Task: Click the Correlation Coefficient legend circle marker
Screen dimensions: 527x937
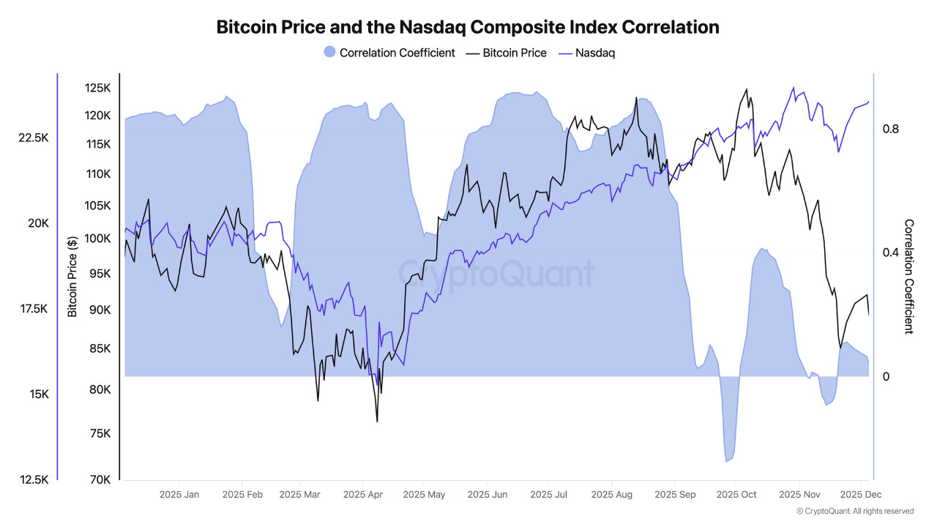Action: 329,53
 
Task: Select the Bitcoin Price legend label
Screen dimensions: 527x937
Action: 514,53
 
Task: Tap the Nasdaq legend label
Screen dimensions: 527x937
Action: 594,53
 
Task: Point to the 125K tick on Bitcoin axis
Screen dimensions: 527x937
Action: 97,88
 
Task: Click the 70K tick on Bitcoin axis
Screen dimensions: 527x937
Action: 100,480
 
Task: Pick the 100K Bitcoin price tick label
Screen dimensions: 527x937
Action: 97,239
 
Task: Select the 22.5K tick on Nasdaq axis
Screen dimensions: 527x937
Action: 34,138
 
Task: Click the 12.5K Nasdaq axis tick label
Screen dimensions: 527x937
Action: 34,480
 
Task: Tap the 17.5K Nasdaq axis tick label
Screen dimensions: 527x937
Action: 34,309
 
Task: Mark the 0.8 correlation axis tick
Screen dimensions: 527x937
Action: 890,130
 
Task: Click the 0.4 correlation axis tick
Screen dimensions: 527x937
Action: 890,253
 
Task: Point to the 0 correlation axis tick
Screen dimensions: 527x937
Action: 886,377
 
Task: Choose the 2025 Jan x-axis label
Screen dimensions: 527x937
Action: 179,495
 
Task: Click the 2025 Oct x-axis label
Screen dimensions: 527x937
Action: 736,495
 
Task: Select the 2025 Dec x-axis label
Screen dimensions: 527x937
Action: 861,495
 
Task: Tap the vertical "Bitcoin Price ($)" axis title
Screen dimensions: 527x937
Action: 72,277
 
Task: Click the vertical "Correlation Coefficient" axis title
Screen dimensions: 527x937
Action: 909,277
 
